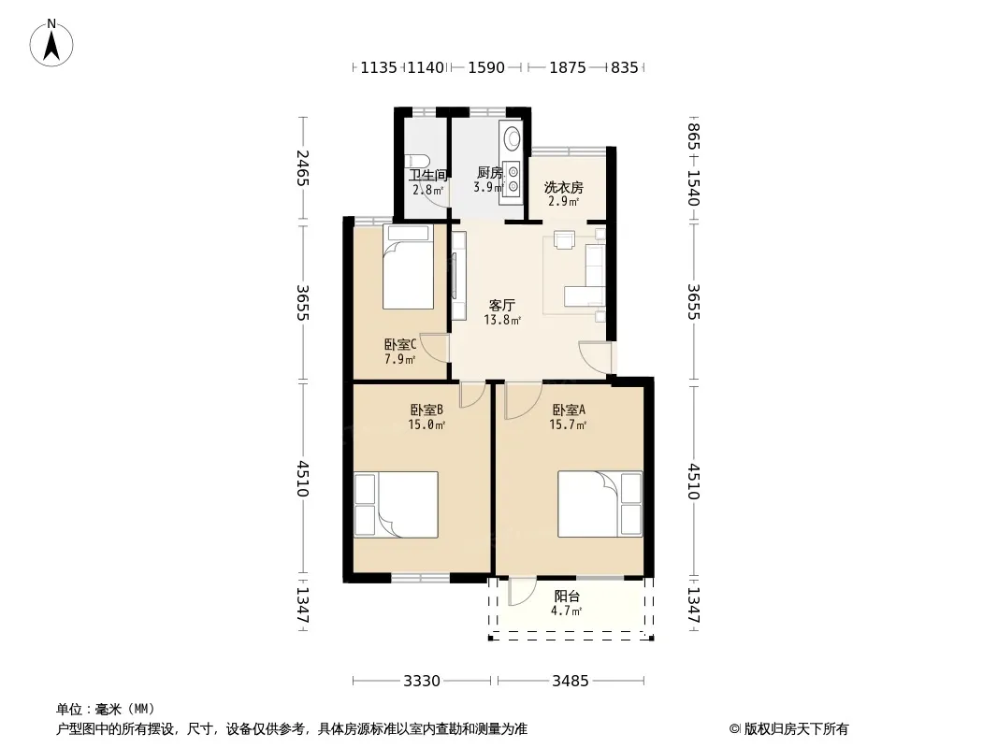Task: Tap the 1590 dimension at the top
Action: (486, 67)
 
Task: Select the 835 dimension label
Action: (625, 67)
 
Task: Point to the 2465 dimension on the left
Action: (303, 167)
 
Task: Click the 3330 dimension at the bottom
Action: (422, 682)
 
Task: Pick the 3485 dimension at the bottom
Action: (571, 682)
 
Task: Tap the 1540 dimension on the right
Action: (694, 188)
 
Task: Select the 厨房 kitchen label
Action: (489, 173)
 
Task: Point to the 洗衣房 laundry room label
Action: (563, 188)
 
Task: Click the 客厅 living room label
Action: (501, 306)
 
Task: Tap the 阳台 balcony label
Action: (567, 597)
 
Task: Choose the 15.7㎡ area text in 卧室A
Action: (568, 424)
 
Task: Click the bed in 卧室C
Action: (408, 266)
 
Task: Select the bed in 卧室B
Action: (397, 505)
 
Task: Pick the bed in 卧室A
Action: (600, 504)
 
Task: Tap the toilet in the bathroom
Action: (418, 165)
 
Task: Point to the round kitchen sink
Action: (512, 137)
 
